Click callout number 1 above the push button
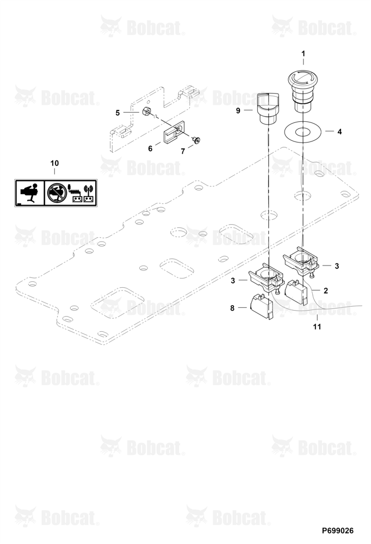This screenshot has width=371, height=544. [304, 54]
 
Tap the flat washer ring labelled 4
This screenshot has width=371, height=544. [302, 132]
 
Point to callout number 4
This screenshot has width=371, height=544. [339, 132]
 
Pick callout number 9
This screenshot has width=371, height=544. [238, 110]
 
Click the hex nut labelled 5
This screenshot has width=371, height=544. [146, 112]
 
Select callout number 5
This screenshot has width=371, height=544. [118, 113]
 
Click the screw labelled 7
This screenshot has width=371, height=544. [197, 140]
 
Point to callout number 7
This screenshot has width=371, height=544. [183, 152]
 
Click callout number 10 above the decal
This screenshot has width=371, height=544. [54, 163]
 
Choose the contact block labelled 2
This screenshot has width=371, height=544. [296, 292]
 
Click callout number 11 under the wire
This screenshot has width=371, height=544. [317, 327]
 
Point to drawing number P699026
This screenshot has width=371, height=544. [338, 531]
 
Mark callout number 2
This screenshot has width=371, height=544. [325, 290]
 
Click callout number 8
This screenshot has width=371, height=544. [232, 308]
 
